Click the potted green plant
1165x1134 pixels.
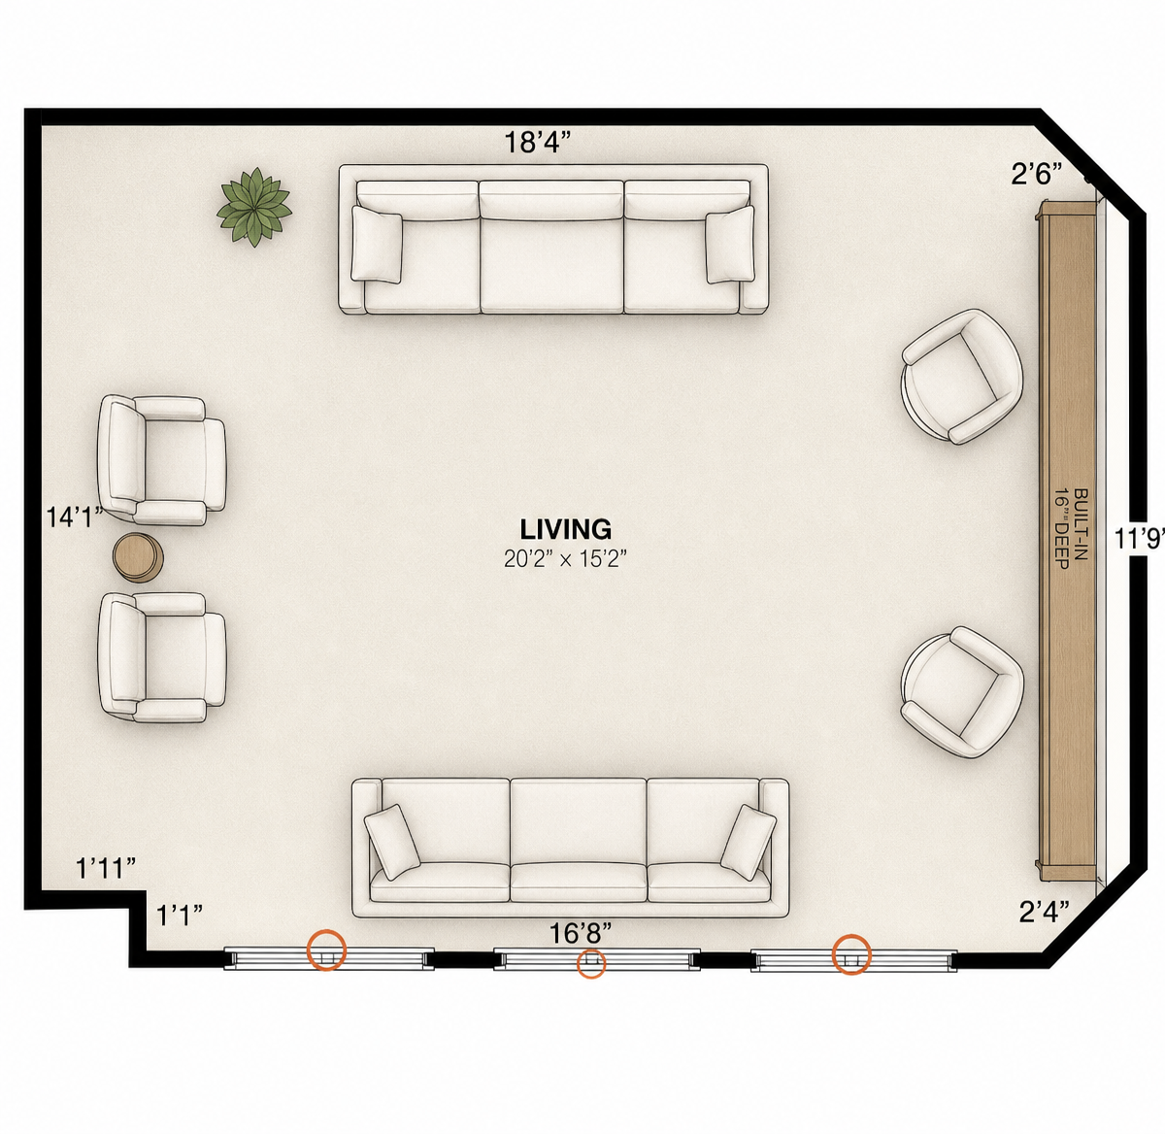254,207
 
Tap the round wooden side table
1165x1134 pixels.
138,558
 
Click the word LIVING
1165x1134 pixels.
566,530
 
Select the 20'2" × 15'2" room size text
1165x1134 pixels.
565,559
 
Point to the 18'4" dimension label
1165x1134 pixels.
538,143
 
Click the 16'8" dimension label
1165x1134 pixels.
581,933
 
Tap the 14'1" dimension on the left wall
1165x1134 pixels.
75,517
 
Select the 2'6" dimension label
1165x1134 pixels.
1036,175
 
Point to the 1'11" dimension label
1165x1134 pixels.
106,868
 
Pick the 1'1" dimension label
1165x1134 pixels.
180,916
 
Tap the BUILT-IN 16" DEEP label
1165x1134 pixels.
1071,529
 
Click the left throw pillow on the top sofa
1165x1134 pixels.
377,244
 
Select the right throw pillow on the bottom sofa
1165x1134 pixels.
748,843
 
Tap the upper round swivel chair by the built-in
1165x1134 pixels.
962,376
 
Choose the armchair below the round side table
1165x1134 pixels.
162,657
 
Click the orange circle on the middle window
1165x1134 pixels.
591,964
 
